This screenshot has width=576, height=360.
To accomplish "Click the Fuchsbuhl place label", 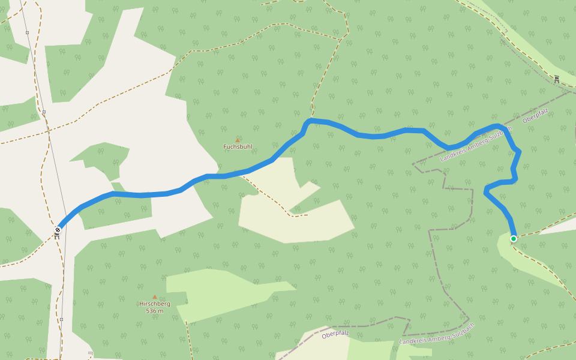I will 238,146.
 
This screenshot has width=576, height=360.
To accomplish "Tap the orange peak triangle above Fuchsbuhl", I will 238,140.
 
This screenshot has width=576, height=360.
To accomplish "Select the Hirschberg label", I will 155,304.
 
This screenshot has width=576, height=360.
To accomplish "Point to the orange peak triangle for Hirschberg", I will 155,296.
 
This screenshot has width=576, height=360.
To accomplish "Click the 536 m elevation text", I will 155,311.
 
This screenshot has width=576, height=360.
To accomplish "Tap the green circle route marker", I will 514,239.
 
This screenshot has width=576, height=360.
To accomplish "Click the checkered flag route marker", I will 58,229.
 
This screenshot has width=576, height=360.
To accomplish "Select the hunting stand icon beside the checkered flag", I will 57,236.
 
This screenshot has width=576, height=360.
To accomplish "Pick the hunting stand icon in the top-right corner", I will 557,79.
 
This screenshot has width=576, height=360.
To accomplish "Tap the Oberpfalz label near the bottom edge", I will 335,334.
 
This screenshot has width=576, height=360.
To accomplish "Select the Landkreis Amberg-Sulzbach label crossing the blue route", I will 476,144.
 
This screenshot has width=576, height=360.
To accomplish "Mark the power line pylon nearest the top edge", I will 27,32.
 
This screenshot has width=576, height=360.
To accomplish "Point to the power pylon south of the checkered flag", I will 61,320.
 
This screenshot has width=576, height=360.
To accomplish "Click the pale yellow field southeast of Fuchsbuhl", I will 300,216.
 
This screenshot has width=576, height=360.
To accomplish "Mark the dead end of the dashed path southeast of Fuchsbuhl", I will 307,214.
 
